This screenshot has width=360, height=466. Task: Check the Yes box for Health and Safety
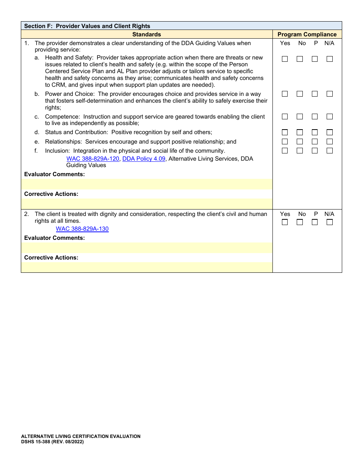point(285,59)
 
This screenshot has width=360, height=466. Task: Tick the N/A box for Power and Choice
point(330,94)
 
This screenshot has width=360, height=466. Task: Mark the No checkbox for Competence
point(300,117)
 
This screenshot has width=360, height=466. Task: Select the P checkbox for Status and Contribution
point(315,132)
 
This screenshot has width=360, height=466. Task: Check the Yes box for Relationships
point(285,142)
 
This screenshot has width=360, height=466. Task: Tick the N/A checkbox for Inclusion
point(330,151)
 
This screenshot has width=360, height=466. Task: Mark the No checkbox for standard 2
point(300,222)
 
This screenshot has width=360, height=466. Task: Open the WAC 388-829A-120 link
point(93,159)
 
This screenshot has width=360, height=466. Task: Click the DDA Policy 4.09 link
point(144,159)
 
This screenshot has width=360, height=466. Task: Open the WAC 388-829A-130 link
point(82,229)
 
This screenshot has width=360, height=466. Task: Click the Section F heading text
point(87,26)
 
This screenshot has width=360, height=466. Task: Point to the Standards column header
point(147,34)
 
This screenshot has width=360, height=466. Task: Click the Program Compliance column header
point(307,34)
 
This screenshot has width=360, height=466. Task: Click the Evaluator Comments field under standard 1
point(147,184)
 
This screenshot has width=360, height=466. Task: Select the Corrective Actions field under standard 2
point(147,267)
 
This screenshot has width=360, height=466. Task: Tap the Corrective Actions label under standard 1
point(51,194)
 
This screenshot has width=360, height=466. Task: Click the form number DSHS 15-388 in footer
point(52,442)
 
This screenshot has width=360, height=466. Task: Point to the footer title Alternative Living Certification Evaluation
point(81,436)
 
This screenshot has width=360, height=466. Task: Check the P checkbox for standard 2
point(315,222)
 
